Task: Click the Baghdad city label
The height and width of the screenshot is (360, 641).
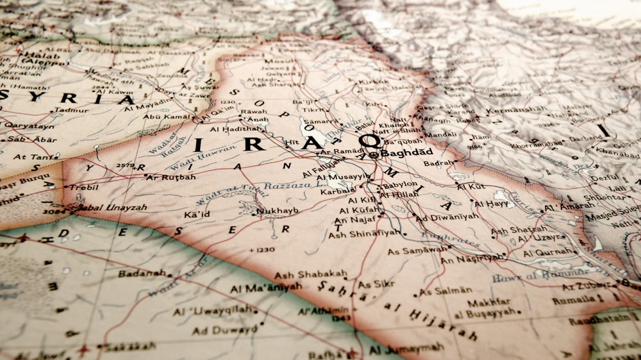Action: tap(407, 153)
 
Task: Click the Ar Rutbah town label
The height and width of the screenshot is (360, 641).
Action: tap(171, 177)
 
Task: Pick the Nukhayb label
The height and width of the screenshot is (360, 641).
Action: tap(277, 211)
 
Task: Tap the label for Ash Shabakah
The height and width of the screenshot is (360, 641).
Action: tap(312, 275)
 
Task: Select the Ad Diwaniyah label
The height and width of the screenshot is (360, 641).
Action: tap(447, 217)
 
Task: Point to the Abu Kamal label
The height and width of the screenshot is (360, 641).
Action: tap(167, 117)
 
